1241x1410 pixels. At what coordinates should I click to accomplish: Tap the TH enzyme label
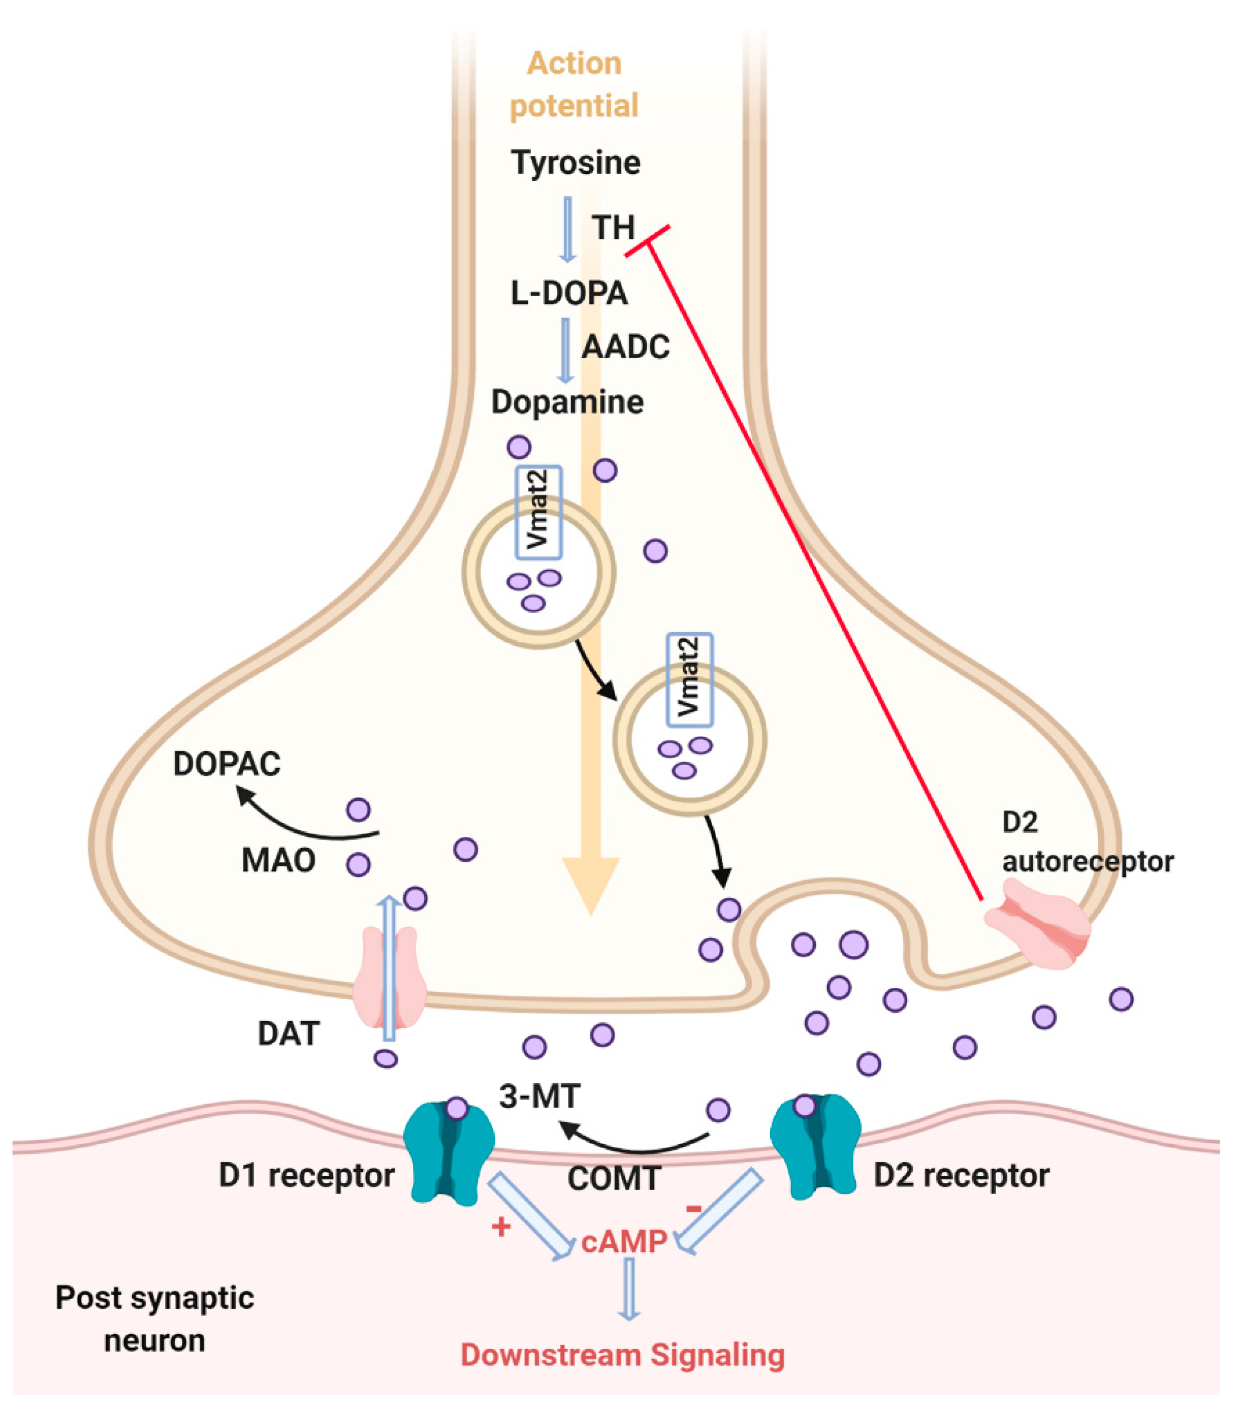(613, 228)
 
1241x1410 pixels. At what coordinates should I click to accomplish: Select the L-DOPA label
(569, 293)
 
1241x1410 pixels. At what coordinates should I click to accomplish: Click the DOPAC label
(227, 764)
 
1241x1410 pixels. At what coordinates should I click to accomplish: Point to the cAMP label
(624, 1242)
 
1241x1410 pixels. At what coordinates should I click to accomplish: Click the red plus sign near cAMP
(501, 1227)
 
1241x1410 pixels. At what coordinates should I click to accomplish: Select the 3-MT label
(539, 1096)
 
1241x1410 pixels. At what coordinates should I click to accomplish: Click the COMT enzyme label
(615, 1178)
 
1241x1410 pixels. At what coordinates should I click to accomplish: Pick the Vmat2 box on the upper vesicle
(539, 512)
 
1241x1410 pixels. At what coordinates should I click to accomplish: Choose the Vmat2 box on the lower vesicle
(689, 679)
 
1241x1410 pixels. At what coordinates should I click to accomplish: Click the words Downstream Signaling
(623, 1355)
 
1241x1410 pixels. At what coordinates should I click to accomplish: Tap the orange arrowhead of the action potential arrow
(591, 886)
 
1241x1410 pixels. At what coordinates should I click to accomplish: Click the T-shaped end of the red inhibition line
(647, 241)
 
